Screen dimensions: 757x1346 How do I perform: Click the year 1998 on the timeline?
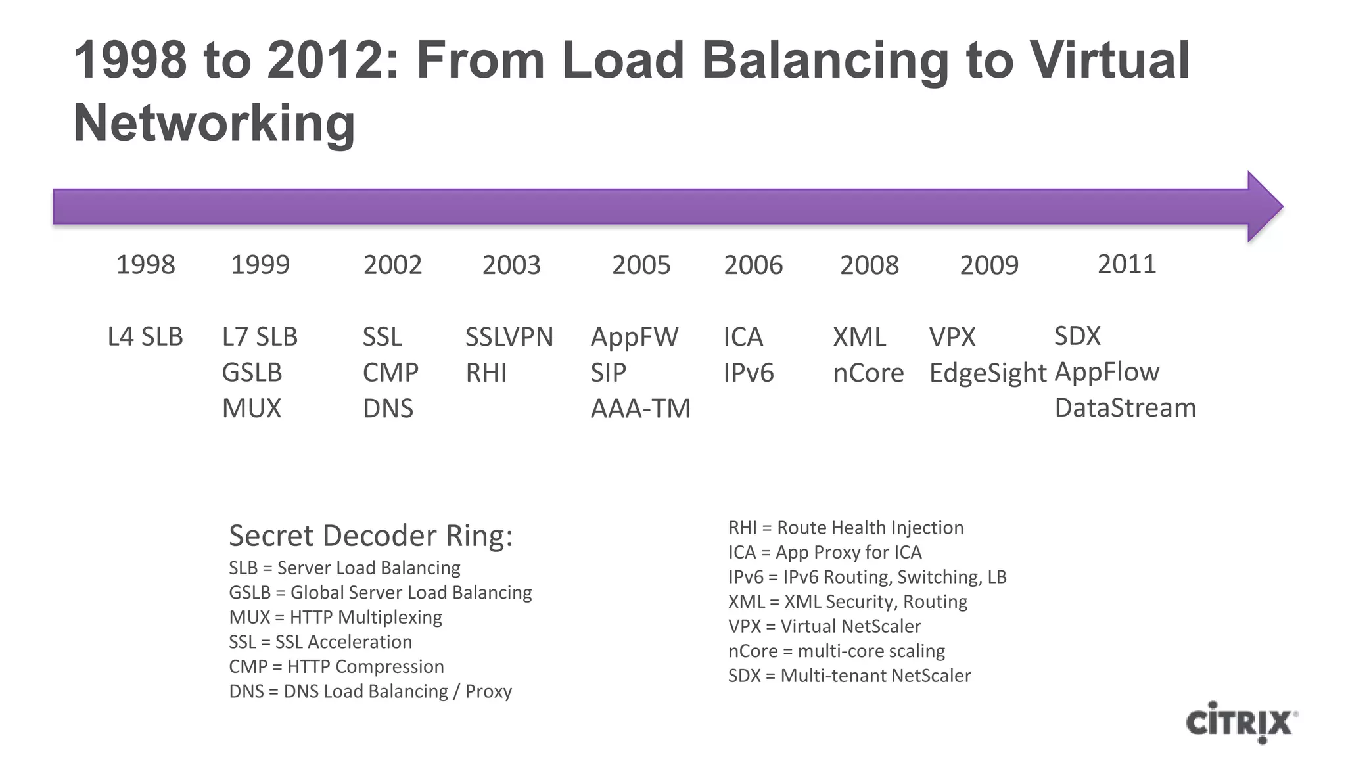pyautogui.click(x=145, y=265)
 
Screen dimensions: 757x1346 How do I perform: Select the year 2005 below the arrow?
pyautogui.click(x=641, y=265)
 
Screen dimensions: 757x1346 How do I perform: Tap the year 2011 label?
pyautogui.click(x=1126, y=264)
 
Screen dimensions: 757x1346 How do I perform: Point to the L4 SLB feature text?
pyautogui.click(x=145, y=337)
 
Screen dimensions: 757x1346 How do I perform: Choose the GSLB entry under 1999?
pyautogui.click(x=252, y=373)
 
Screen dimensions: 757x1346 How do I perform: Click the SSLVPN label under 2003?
pyautogui.click(x=509, y=337)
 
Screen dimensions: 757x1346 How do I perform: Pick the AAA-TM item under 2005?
pyautogui.click(x=640, y=409)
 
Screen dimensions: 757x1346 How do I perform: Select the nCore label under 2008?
pyautogui.click(x=868, y=373)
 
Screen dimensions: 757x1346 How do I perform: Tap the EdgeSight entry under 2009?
pyautogui.click(x=987, y=373)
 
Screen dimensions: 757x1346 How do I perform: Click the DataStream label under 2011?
pyautogui.click(x=1125, y=408)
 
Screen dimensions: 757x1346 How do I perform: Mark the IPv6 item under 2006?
pyautogui.click(x=749, y=373)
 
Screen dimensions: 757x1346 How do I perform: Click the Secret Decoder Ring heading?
pyautogui.click(x=370, y=536)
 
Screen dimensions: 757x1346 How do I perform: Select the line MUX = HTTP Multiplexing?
pyautogui.click(x=335, y=617)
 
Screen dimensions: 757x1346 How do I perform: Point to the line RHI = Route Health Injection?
pyautogui.click(x=845, y=527)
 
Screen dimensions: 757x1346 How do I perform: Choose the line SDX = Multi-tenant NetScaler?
pyautogui.click(x=849, y=676)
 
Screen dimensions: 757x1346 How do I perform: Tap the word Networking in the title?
pyautogui.click(x=214, y=123)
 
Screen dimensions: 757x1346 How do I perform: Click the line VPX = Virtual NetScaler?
pyautogui.click(x=824, y=626)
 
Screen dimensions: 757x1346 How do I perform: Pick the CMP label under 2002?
pyautogui.click(x=390, y=373)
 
